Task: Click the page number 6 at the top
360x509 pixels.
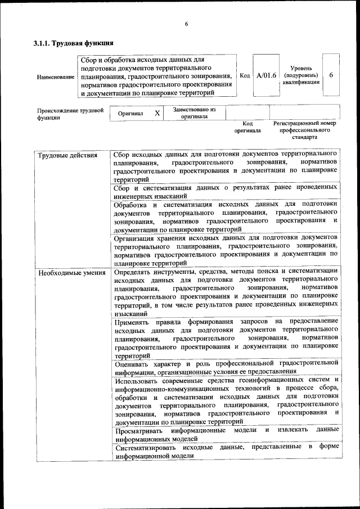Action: [186, 24]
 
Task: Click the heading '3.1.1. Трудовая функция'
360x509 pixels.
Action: [74, 43]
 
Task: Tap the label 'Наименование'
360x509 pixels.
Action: [56, 76]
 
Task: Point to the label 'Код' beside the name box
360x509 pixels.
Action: [245, 75]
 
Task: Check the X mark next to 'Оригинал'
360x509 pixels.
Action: [157, 113]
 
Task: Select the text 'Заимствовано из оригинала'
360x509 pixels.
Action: [195, 113]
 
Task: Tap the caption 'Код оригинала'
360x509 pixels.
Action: [247, 127]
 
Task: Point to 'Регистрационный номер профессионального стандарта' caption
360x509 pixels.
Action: [304, 130]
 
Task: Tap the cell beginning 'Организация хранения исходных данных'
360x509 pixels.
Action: [225, 250]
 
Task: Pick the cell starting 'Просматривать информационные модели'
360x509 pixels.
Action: [225, 434]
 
